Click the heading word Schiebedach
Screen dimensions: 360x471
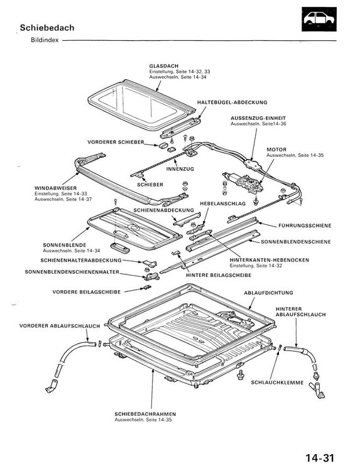[47, 28]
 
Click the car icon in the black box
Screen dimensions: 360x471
[319, 19]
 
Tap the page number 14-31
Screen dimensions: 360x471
[320, 458]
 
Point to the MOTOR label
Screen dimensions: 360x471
[276, 149]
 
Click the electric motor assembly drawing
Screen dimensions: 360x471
[243, 182]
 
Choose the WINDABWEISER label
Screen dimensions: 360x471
[55, 188]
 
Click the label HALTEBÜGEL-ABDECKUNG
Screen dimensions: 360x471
[232, 102]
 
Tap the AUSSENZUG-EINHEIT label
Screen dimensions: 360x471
[258, 118]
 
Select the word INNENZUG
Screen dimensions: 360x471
[180, 169]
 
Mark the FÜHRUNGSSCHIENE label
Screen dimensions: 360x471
[305, 225]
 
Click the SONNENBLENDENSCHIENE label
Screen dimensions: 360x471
[296, 242]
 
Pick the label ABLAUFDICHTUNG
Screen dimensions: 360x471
[268, 293]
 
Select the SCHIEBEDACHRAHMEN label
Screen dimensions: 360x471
[145, 414]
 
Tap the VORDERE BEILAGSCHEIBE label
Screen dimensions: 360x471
[87, 291]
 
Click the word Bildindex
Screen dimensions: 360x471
[45, 40]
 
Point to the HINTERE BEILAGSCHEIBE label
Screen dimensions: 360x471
[219, 275]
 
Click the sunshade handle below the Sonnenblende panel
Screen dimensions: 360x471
[120, 247]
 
